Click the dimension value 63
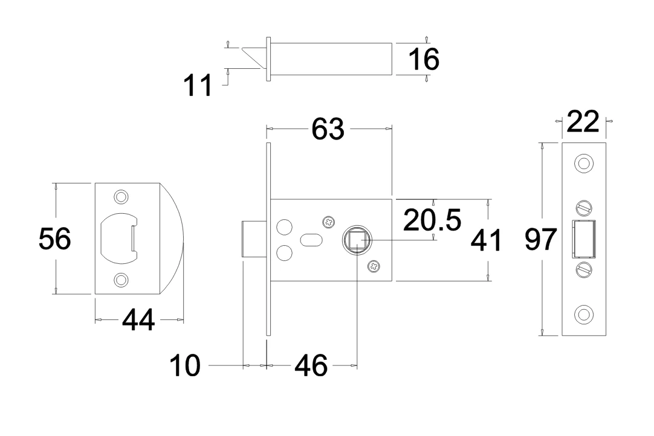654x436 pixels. click(x=328, y=129)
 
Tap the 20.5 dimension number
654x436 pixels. click(x=432, y=220)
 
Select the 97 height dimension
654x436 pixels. click(x=540, y=240)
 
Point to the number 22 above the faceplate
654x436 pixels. click(x=582, y=122)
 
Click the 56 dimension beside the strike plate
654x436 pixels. click(x=54, y=239)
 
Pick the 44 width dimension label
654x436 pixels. click(x=138, y=320)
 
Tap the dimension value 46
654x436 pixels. click(x=311, y=365)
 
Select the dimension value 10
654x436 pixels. click(x=184, y=366)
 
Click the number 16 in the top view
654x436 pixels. click(x=423, y=59)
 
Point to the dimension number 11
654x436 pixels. click(x=198, y=86)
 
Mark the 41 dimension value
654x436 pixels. click(x=486, y=241)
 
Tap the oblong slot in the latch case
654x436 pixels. click(x=309, y=240)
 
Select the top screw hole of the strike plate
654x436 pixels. click(x=121, y=197)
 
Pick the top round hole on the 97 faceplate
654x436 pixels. click(x=583, y=163)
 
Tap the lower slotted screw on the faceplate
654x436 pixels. click(x=583, y=269)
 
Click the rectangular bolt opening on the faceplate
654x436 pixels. click(x=583, y=240)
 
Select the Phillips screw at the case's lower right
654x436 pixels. click(x=374, y=265)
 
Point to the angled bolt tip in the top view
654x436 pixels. click(x=255, y=57)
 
